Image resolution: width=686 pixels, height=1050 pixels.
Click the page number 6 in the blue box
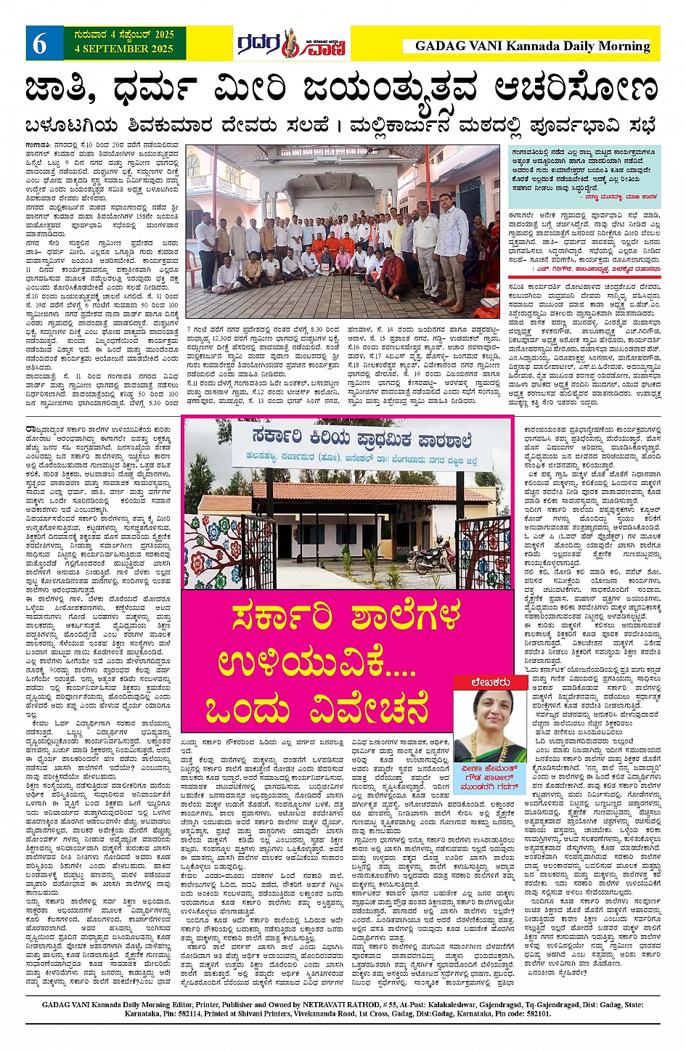[39, 44]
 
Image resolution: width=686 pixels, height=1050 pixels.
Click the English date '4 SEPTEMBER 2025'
[123, 49]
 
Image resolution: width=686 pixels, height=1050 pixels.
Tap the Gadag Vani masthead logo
[290, 44]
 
